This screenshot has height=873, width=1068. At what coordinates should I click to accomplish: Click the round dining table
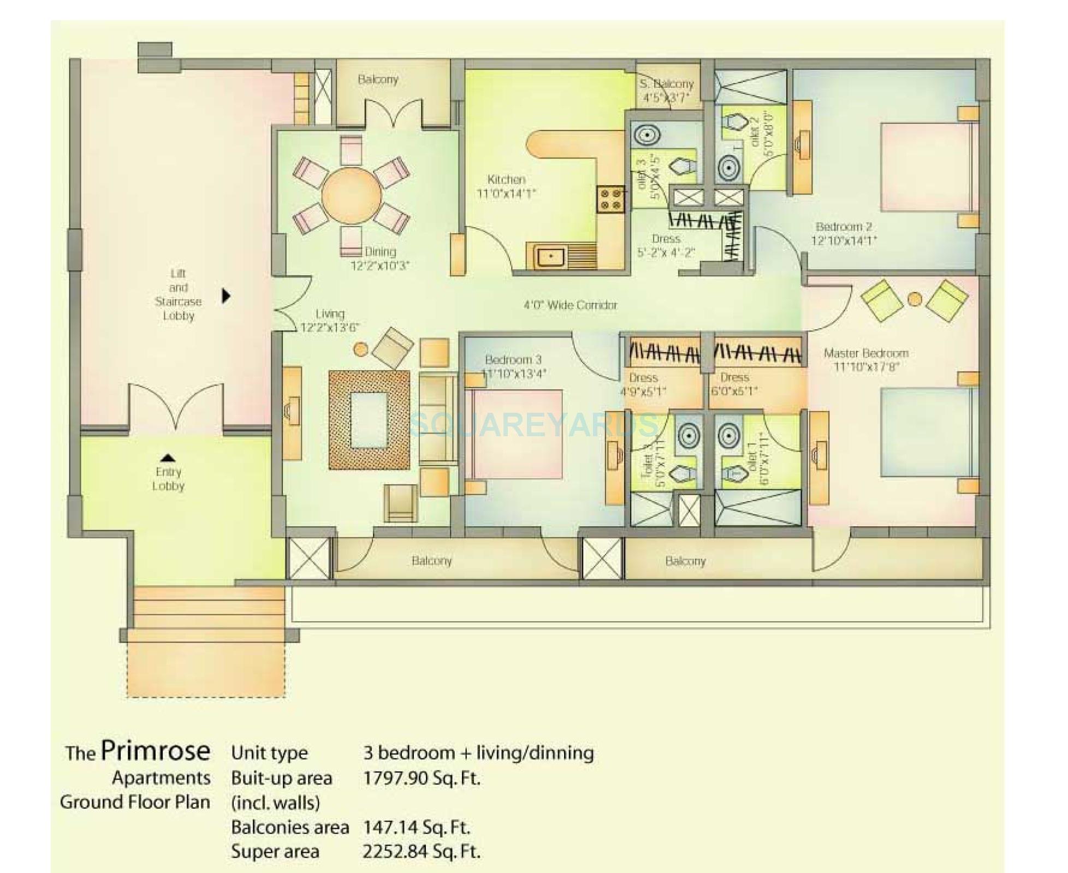click(x=351, y=195)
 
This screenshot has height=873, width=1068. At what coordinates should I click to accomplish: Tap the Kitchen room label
click(x=506, y=180)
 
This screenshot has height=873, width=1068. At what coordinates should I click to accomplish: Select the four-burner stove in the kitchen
click(x=610, y=199)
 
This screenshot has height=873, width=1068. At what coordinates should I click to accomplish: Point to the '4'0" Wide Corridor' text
click(x=570, y=305)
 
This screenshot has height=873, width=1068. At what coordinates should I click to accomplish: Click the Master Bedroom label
click(x=865, y=353)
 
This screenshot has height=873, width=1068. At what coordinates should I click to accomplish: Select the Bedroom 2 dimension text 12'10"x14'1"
click(x=844, y=241)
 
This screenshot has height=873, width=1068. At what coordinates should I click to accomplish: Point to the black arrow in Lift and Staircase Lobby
click(x=226, y=296)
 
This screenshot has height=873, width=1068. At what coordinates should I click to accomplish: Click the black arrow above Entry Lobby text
click(x=168, y=458)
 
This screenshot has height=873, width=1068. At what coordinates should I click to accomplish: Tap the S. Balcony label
click(x=666, y=84)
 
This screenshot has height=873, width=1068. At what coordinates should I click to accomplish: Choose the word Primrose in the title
click(x=156, y=751)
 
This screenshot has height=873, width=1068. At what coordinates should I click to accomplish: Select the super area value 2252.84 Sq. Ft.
click(x=422, y=851)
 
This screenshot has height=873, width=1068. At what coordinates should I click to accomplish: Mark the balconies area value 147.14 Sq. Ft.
click(x=416, y=827)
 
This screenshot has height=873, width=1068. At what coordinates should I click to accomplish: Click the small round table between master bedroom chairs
click(x=915, y=299)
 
